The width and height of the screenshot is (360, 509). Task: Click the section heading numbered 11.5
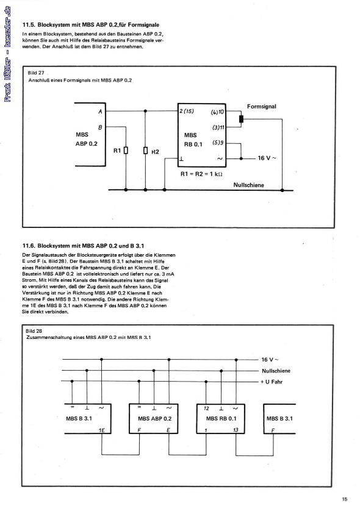point(91,24)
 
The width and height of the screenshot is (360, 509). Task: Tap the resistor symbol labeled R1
point(126,150)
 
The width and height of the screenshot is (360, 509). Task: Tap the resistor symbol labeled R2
point(145,150)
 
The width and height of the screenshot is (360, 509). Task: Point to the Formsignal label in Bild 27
point(262,106)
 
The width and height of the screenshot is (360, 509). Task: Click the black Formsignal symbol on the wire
point(242,118)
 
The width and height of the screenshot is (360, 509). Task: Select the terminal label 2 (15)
point(187,112)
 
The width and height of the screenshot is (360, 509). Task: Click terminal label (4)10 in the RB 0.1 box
point(218,112)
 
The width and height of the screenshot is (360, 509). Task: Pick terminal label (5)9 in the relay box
point(218,143)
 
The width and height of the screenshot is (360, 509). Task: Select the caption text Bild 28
point(37,330)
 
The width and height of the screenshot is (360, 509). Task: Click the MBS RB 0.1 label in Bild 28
point(221,419)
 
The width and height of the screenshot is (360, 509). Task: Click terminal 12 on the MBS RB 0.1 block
point(207,408)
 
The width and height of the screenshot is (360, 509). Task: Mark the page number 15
point(345,499)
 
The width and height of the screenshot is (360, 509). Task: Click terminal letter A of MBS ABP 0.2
point(100,112)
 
